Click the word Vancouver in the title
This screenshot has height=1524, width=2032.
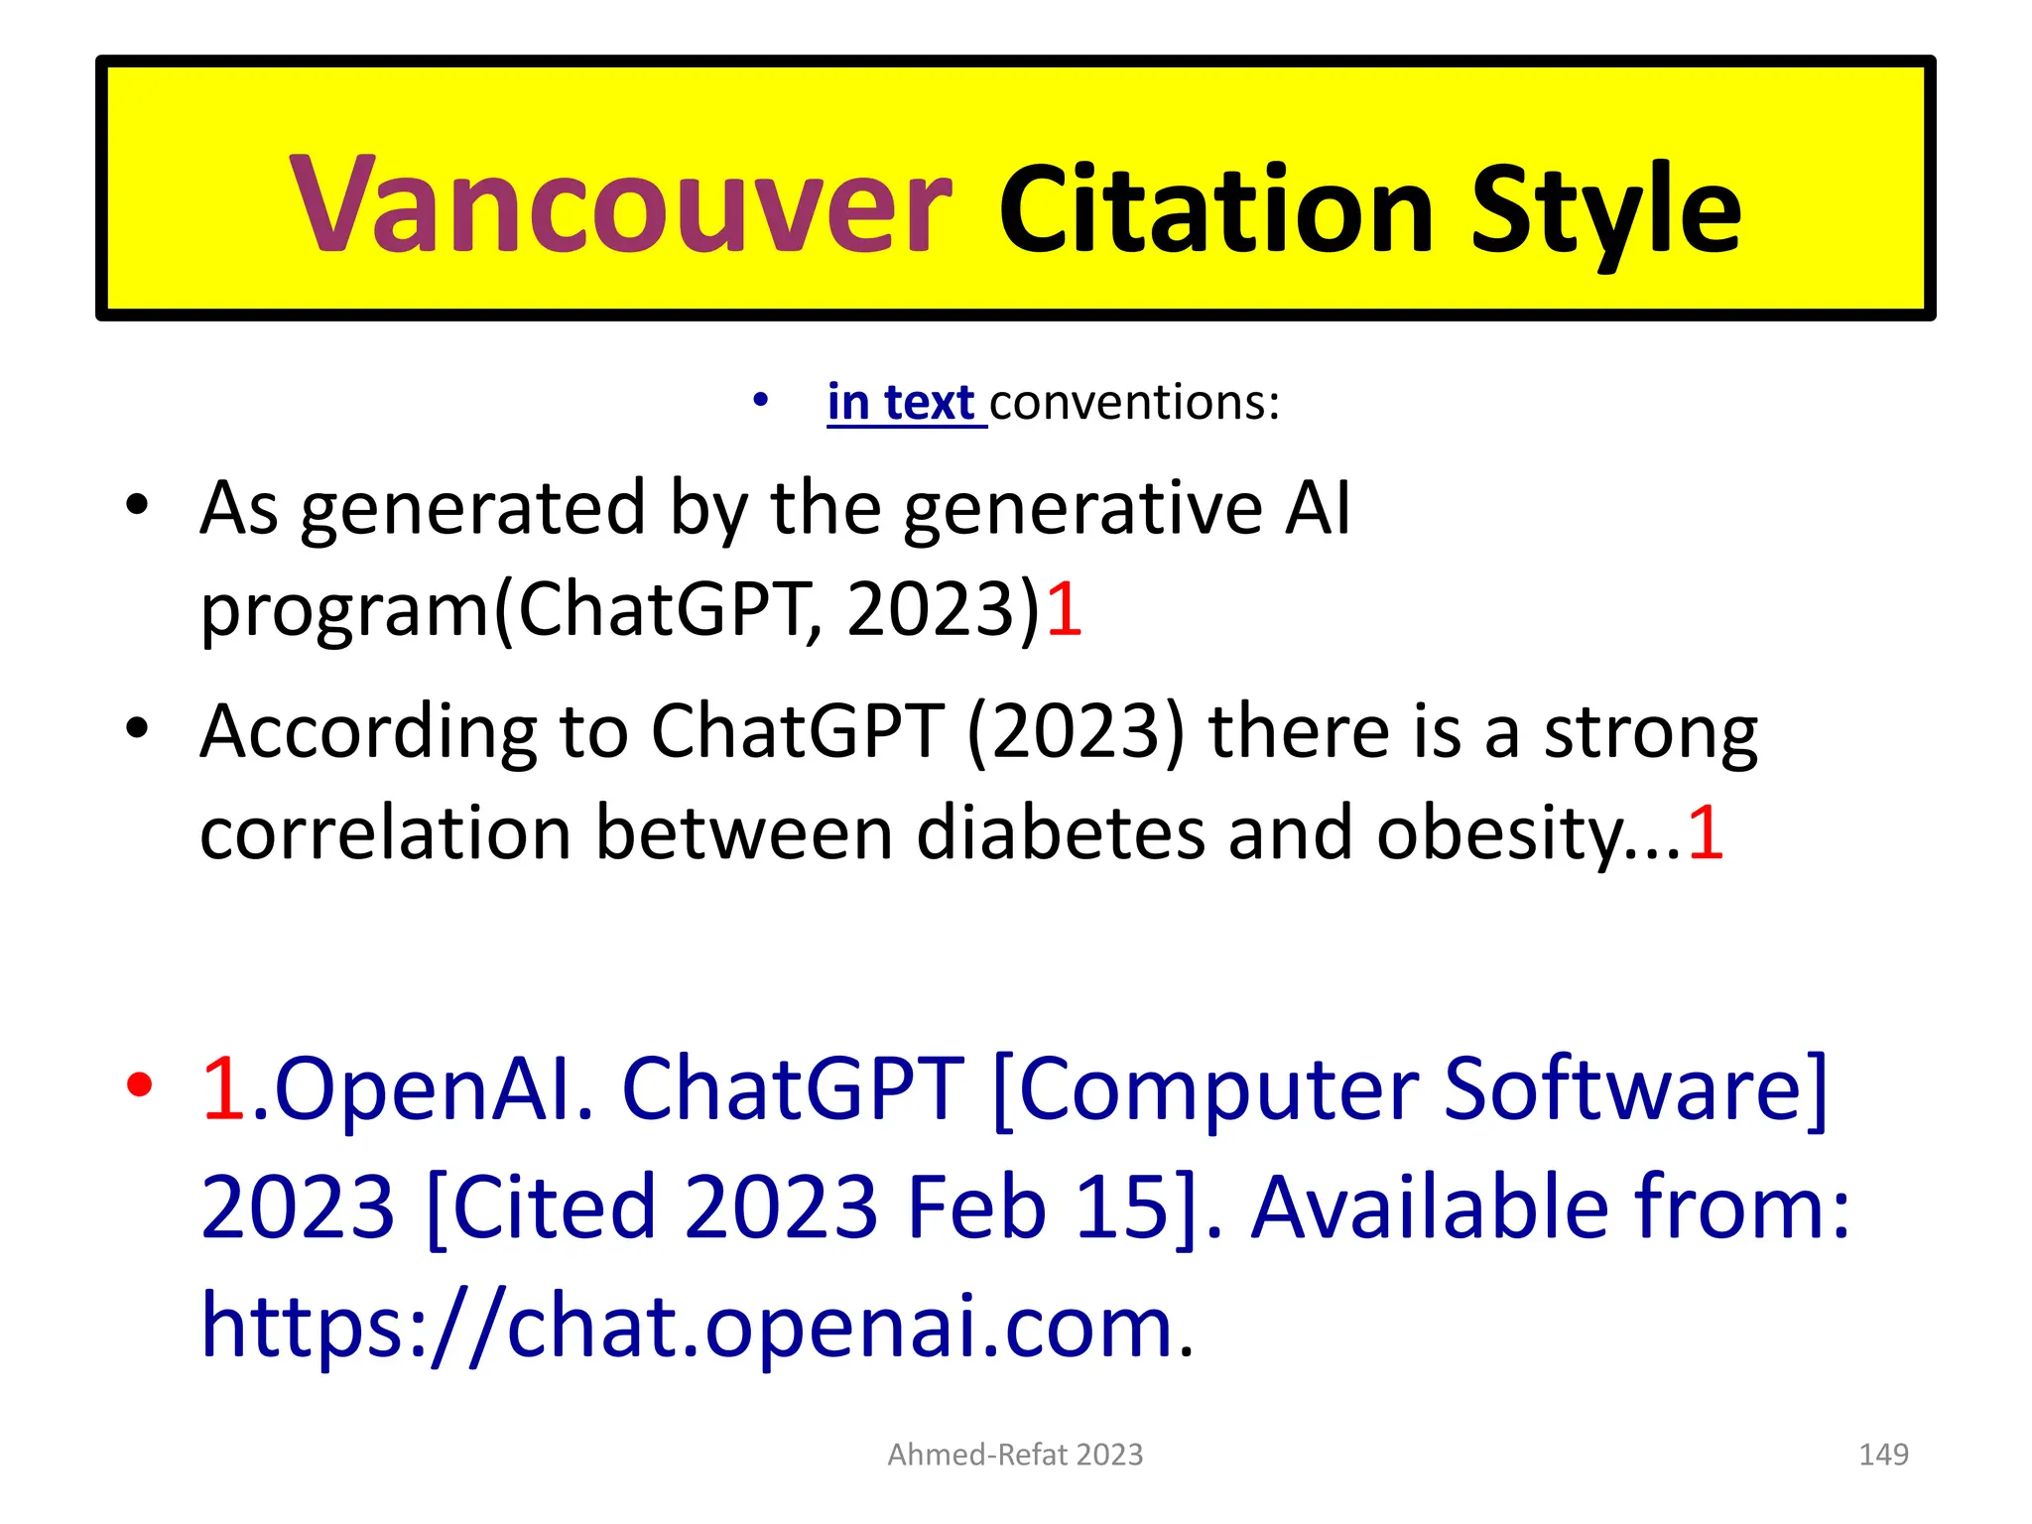[x=620, y=206]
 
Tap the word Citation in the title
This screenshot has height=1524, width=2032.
[x=1215, y=210]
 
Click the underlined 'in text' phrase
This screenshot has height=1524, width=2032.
[x=905, y=403]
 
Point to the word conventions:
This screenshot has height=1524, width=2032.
[x=1134, y=403]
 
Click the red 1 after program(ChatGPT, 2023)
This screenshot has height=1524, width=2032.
[x=1064, y=608]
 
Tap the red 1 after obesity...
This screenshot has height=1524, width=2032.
[x=1706, y=831]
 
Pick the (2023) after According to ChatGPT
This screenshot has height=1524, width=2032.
[x=1076, y=732]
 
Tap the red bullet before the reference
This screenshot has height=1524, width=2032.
[x=140, y=1085]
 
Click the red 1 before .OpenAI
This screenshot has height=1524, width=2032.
[x=223, y=1088]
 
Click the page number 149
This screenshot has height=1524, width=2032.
[x=1882, y=1455]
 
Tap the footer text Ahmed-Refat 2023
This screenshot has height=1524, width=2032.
[x=1015, y=1455]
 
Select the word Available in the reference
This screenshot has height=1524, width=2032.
[x=1429, y=1207]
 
